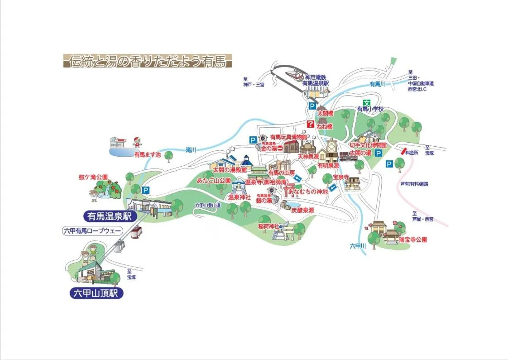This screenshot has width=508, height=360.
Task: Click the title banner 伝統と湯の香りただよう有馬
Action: [148, 61]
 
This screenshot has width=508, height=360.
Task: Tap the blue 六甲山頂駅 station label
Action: [96, 293]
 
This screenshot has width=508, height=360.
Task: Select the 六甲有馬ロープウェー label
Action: [92, 231]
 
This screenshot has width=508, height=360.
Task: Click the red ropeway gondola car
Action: [135, 233]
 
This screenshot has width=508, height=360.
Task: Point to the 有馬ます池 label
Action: [147, 154]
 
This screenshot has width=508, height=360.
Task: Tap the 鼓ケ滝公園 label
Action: [93, 177]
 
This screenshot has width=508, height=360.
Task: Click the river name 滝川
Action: [191, 150]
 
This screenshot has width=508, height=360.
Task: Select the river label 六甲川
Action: [357, 246]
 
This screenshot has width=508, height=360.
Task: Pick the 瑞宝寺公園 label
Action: [413, 240]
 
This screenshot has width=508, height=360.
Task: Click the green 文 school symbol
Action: [367, 103]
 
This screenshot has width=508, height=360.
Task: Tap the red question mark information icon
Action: [310, 124]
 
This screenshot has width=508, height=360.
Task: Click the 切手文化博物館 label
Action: [368, 145]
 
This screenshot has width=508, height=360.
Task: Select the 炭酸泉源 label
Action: [302, 210]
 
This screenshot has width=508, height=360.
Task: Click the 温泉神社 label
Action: [239, 197]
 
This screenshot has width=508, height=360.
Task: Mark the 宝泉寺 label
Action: [340, 177]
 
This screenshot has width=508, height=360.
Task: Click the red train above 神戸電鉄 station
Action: [294, 74]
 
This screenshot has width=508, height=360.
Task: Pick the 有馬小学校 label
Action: [370, 109]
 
